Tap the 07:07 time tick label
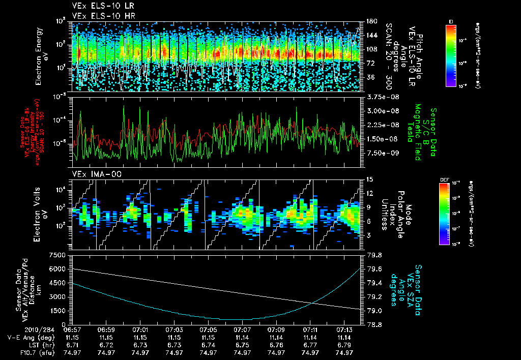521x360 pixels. pos(242,329)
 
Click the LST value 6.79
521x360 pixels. pos(344,345)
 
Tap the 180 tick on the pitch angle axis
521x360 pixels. pos(371,21)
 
